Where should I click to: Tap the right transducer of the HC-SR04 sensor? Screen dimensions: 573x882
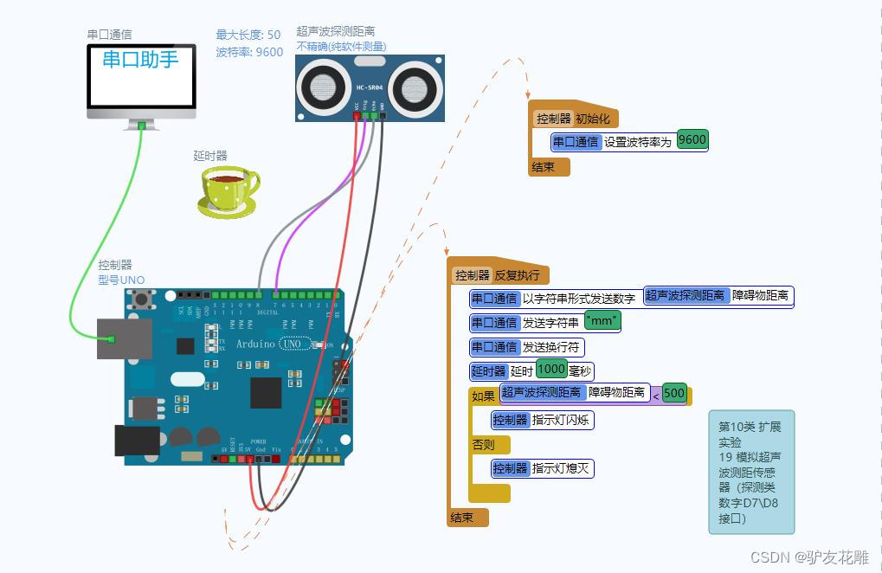[414, 87]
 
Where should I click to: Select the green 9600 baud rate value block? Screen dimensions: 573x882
[692, 140]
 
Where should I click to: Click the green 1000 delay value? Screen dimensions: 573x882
[551, 370]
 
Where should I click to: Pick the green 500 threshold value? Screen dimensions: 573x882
[673, 394]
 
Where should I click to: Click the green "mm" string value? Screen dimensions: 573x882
[602, 322]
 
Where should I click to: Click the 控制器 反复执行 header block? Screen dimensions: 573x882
[498, 275]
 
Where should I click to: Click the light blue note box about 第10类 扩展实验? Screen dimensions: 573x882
[750, 472]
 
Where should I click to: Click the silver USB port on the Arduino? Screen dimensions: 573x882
[124, 338]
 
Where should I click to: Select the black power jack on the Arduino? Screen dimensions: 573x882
[137, 440]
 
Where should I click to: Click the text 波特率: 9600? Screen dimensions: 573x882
[249, 52]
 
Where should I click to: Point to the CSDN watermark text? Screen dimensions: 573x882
[809, 557]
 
